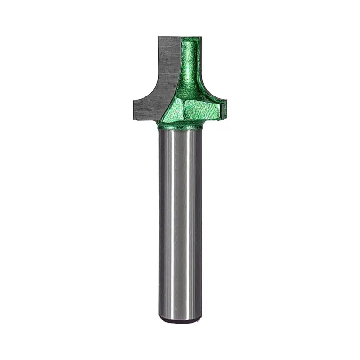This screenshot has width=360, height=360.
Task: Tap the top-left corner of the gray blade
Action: coord(158,36)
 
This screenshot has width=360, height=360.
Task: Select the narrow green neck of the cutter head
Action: coord(191,62)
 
